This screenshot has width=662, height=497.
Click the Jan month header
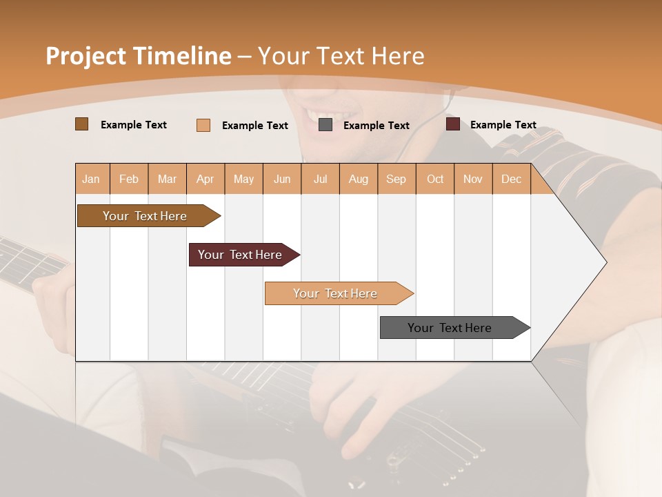[x=91, y=179]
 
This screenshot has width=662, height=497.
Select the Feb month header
[x=129, y=179]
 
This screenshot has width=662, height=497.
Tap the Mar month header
[x=167, y=179]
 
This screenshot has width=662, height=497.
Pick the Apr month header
[x=205, y=179]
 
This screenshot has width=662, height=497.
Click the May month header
[x=243, y=179]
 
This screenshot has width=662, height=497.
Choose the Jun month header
[x=282, y=179]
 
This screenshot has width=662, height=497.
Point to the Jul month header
[x=320, y=179]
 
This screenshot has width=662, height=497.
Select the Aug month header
[x=358, y=179]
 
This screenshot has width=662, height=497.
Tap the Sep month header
[x=396, y=179]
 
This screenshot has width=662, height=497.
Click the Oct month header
[x=435, y=179]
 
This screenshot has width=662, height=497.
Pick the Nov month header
[x=472, y=179]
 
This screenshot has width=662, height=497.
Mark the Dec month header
[x=511, y=179]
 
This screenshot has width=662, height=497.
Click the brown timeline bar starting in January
[x=146, y=216]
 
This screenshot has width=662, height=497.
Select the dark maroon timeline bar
[x=241, y=255]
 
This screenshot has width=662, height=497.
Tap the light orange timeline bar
[x=336, y=293]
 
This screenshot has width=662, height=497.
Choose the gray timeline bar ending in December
[x=450, y=328]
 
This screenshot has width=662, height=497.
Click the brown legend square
[x=81, y=124]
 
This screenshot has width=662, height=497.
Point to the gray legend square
[x=325, y=125]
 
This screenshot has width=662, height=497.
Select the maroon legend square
[x=452, y=124]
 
